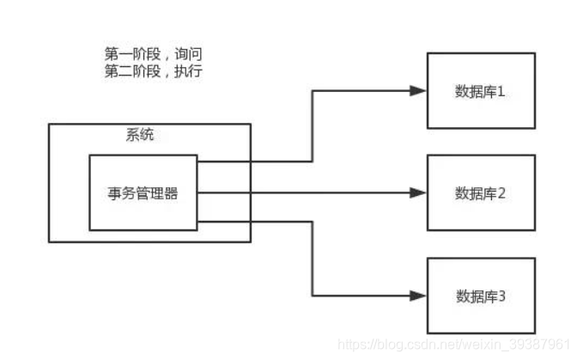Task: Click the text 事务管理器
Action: pyautogui.click(x=143, y=193)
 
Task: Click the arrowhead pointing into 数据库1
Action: pyautogui.click(x=419, y=90)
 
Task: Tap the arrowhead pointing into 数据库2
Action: pyautogui.click(x=419, y=193)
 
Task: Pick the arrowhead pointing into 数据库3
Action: pyautogui.click(x=419, y=296)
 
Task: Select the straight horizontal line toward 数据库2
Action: pyautogui.click(x=309, y=193)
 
